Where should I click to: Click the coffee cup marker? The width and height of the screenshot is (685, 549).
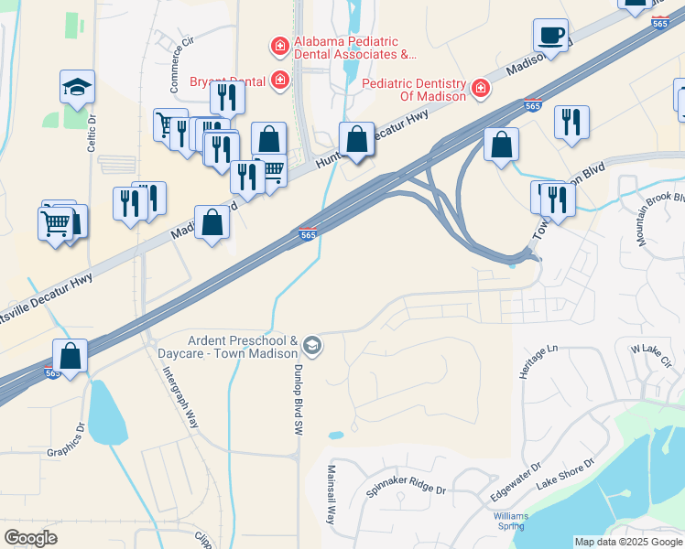pyautogui.click(x=550, y=36)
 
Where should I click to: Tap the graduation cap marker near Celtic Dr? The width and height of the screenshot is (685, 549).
pyautogui.click(x=78, y=88)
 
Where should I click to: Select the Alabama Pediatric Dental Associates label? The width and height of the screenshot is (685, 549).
pyautogui.click(x=353, y=48)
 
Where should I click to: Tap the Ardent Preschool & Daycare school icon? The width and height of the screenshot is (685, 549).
pyautogui.click(x=312, y=345)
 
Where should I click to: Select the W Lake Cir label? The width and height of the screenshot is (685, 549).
pyautogui.click(x=651, y=350)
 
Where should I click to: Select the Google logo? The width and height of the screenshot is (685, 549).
pyautogui.click(x=30, y=537)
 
